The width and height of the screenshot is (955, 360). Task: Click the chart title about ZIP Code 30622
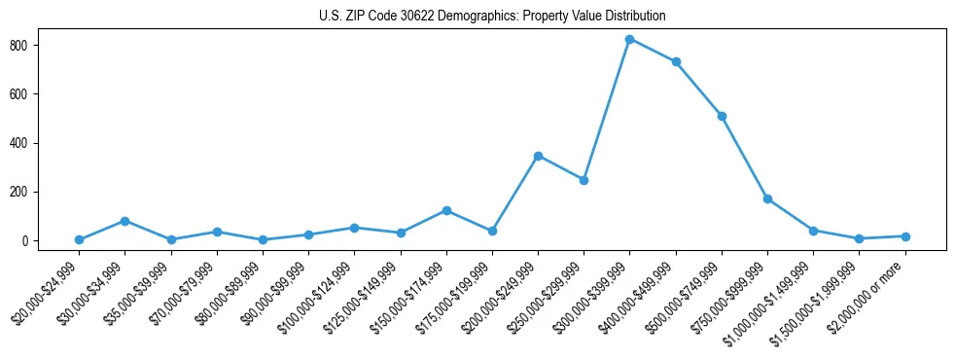tap(491, 17)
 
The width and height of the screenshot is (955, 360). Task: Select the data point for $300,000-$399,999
tap(630, 40)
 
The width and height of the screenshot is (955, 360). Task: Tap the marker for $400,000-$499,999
tap(676, 62)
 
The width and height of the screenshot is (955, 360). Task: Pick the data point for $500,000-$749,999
tap(722, 116)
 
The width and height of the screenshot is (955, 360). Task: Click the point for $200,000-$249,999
tap(538, 156)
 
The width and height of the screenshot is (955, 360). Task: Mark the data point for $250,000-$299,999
tap(584, 180)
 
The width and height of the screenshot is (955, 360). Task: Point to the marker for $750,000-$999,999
tap(768, 199)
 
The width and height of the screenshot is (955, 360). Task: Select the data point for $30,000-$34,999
tap(124, 221)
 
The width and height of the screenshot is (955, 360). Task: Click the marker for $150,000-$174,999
tap(446, 210)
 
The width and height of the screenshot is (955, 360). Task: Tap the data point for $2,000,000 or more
tap(905, 236)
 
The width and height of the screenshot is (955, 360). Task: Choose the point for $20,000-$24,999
tap(79, 239)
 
